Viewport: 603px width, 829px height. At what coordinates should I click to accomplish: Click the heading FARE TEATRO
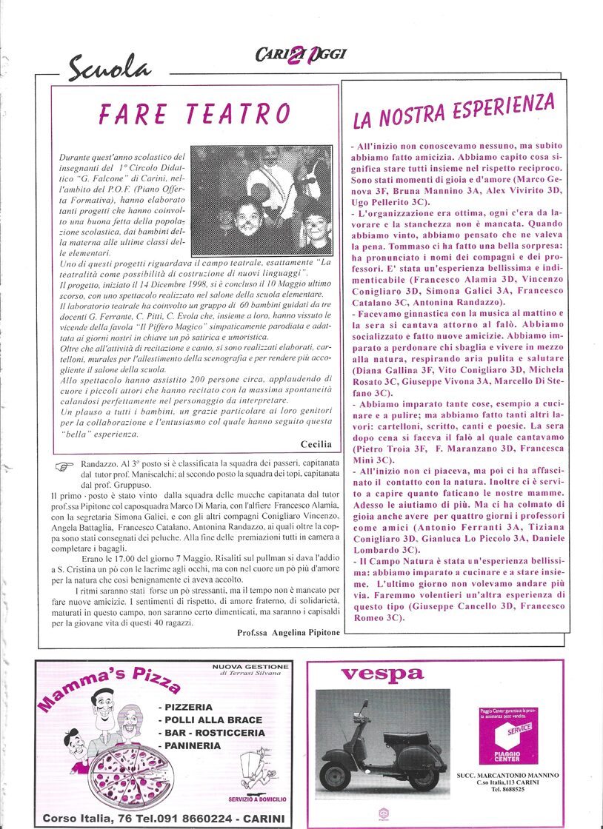(195, 114)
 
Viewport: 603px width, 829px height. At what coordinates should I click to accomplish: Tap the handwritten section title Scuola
(109, 69)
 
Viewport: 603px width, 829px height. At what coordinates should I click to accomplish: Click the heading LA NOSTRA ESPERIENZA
(453, 111)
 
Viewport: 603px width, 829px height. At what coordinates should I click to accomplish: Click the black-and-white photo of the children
(261, 198)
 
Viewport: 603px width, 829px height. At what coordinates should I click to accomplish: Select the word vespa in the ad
(382, 674)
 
